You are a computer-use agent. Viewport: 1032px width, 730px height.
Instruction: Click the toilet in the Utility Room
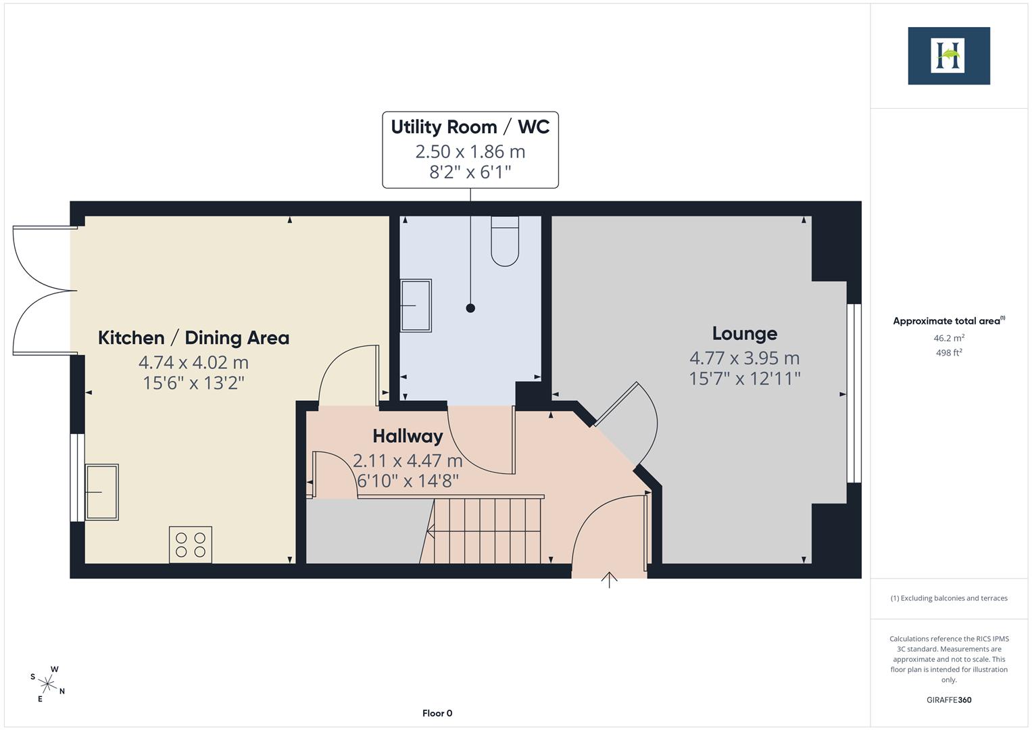(505, 241)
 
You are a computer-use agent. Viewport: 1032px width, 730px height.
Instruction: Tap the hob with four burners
(191, 545)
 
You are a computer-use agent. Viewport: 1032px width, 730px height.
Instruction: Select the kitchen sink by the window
(101, 492)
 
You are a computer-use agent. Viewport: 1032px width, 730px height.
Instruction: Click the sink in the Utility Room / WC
(416, 306)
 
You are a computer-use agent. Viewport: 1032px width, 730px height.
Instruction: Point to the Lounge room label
(745, 334)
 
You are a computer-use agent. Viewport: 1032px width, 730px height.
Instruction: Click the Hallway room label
(408, 436)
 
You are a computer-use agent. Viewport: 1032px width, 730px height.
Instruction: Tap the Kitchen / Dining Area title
(193, 338)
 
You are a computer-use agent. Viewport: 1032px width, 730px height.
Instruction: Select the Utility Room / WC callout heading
(470, 127)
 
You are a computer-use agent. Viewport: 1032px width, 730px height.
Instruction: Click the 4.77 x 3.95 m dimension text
(745, 358)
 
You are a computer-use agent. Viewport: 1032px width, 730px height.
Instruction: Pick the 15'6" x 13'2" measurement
(193, 383)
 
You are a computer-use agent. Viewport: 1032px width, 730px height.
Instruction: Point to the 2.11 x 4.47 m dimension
(408, 460)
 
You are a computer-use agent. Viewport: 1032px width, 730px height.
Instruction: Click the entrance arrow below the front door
(609, 580)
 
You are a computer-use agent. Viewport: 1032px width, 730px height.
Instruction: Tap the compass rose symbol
(47, 684)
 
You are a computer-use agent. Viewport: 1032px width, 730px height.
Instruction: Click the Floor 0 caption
(437, 713)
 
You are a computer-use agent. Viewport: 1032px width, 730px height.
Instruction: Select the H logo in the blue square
(949, 55)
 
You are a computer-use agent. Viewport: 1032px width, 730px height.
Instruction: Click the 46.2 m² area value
(949, 338)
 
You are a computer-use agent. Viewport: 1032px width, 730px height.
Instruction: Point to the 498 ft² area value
(949, 353)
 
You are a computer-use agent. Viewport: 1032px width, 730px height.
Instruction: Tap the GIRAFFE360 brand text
(949, 700)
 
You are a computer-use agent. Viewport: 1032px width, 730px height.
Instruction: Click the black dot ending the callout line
(470, 308)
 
